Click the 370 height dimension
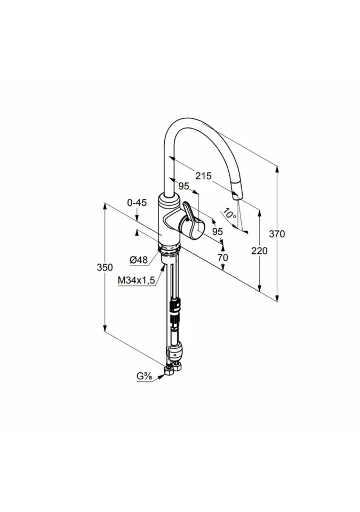[x=277, y=234]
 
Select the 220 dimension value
[x=259, y=251]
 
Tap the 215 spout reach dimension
[x=204, y=176]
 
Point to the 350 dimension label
[x=105, y=267]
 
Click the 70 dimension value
[x=222, y=258]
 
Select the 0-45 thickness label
[x=137, y=203]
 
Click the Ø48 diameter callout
[x=139, y=260]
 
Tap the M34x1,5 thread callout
[x=136, y=280]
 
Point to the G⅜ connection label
[x=144, y=377]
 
